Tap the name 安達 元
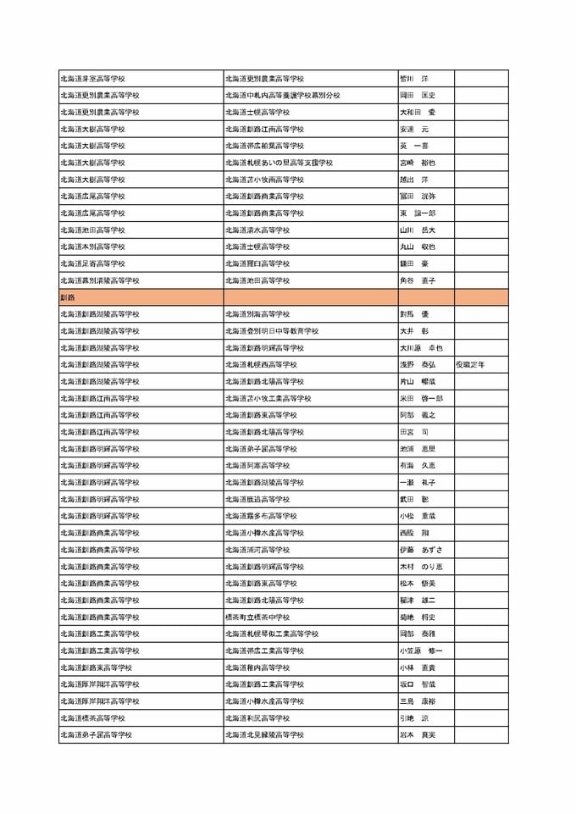[414, 129]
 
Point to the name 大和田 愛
[418, 112]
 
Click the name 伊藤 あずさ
[420, 550]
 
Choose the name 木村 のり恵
[421, 567]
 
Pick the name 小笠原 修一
[421, 651]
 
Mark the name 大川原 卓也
[421, 347]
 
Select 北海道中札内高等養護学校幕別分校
[282, 95]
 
